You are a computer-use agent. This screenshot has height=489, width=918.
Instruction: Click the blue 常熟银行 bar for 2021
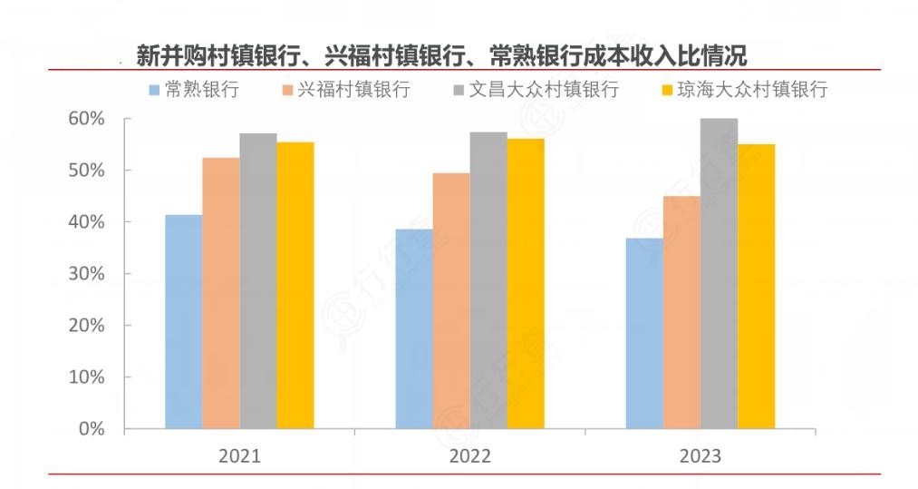[183, 321]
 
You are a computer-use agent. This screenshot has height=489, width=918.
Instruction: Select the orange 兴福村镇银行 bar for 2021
[220, 293]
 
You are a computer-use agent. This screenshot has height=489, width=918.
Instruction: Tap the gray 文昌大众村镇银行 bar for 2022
[488, 280]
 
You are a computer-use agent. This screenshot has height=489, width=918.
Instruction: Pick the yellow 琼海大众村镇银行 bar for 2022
[526, 283]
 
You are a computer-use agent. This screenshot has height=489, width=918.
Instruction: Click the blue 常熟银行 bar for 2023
[644, 333]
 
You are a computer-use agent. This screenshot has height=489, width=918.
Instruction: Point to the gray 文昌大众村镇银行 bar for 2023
[719, 273]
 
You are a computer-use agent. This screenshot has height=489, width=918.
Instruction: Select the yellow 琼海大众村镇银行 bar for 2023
[756, 286]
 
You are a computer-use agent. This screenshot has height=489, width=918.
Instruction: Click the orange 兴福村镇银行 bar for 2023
[681, 312]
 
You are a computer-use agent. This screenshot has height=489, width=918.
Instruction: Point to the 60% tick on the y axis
[87, 119]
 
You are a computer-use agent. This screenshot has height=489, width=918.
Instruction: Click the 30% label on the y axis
[87, 274]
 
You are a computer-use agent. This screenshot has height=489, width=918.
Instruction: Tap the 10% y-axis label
[87, 377]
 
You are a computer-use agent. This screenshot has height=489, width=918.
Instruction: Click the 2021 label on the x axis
[239, 455]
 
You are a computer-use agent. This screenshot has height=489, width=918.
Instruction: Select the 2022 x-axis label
[469, 455]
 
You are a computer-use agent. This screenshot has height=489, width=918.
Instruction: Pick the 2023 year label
[701, 455]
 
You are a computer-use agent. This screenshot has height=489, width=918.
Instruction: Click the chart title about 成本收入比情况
[441, 56]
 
